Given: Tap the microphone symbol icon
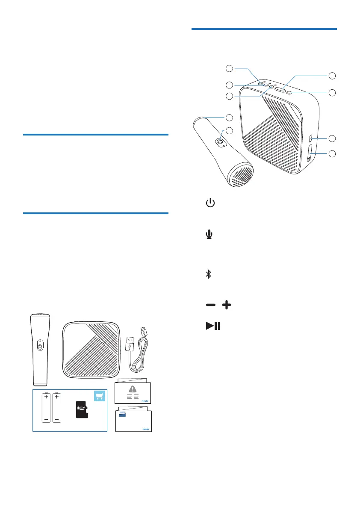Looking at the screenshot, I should pyautogui.click(x=210, y=235).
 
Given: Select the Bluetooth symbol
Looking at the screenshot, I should pyautogui.click(x=209, y=274).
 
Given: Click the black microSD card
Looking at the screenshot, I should pyautogui.click(x=82, y=409).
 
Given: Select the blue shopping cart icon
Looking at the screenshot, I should pyautogui.click(x=100, y=397).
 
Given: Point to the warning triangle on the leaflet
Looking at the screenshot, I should pyautogui.click(x=133, y=389).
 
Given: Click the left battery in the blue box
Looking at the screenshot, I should pyautogui.click(x=46, y=408).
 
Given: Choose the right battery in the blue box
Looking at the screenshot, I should pyautogui.click(x=57, y=408).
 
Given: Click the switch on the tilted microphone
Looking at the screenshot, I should pyautogui.click(x=221, y=142).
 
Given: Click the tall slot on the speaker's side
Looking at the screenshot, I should pyautogui.click(x=310, y=153).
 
